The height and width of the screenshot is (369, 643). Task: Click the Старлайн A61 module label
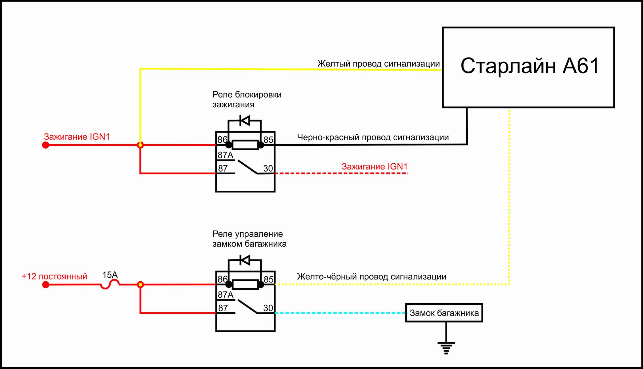click(529, 66)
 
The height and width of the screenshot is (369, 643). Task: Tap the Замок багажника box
click(444, 313)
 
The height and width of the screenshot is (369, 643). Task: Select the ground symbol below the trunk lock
click(446, 347)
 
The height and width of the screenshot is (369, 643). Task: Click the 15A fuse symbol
click(110, 286)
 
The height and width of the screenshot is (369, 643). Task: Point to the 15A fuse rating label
click(110, 275)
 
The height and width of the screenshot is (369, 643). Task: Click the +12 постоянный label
click(54, 276)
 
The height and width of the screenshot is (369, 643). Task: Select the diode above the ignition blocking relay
click(245, 121)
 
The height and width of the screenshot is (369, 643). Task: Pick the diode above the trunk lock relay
click(245, 260)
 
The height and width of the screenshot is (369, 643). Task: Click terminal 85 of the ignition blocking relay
click(268, 140)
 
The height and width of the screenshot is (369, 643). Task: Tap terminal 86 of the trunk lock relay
click(222, 279)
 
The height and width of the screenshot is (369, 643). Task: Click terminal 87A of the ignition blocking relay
click(225, 155)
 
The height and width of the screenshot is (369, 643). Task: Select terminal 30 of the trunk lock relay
click(268, 308)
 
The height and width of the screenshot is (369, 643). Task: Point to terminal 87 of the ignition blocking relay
click(223, 169)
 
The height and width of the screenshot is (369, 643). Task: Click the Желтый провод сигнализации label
click(378, 64)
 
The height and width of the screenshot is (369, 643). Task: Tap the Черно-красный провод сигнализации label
click(373, 137)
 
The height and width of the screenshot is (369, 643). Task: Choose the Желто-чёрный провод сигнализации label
click(372, 277)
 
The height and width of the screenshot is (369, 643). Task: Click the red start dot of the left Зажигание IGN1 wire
click(46, 145)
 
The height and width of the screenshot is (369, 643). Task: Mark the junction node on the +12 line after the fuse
click(140, 285)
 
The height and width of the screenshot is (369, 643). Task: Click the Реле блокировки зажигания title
click(247, 99)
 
